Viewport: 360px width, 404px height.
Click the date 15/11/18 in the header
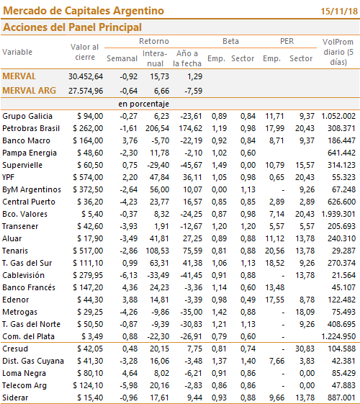coord(339,12)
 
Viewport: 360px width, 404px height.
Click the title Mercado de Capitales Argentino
coord(84,11)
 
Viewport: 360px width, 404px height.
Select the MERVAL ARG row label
coord(29,91)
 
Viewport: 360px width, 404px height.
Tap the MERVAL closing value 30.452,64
coord(86,76)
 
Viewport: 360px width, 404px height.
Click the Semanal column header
coord(122,58)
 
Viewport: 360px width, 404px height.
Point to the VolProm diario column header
coord(338,52)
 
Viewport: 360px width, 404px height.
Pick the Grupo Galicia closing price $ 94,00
coord(90,116)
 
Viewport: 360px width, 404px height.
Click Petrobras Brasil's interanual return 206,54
coord(157,128)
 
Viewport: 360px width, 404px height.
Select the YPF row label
coord(8,177)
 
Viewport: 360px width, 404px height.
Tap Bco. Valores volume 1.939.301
coord(338,214)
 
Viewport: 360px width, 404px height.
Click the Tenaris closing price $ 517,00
coord(88,251)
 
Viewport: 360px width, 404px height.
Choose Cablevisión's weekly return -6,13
coord(128,275)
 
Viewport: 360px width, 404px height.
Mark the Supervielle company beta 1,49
coord(219,165)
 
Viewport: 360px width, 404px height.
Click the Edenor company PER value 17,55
coord(275,300)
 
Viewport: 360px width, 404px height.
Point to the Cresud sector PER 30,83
coord(305,349)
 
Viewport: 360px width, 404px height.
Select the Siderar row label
coord(15,398)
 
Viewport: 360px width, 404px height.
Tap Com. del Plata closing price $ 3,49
coord(92,336)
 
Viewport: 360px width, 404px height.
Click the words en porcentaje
coord(144,104)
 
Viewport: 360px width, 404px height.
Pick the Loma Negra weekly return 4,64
coord(130,373)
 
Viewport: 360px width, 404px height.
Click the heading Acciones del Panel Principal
coord(73,27)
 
